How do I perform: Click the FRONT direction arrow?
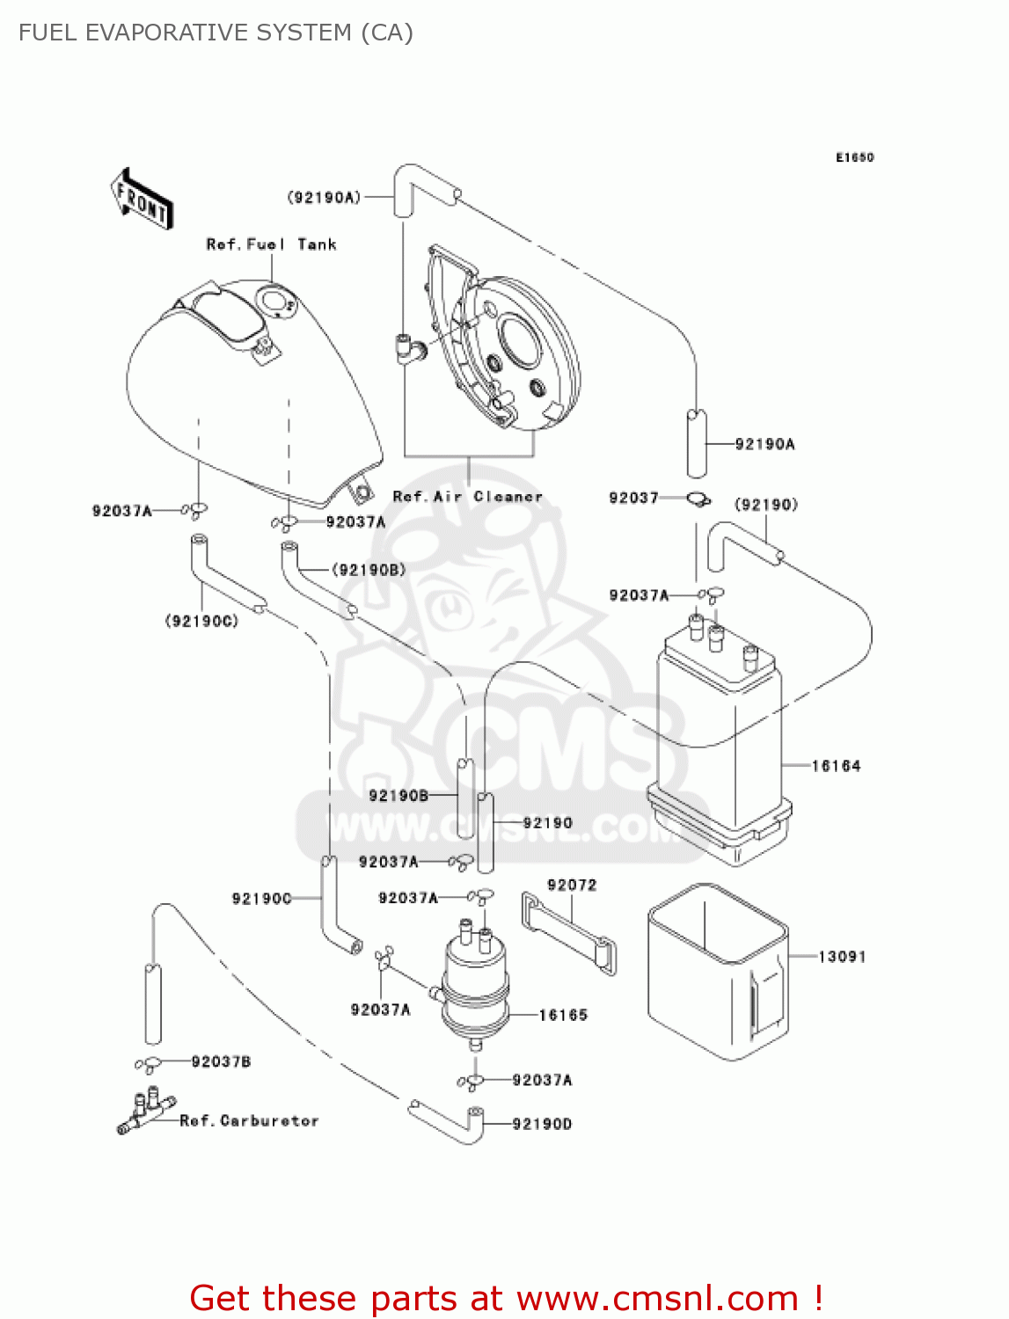click(142, 200)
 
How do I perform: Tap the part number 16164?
click(835, 766)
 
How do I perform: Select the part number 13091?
click(842, 956)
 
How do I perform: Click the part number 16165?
click(563, 1015)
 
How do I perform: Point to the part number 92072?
click(572, 885)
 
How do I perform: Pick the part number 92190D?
click(542, 1124)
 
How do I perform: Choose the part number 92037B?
click(221, 1061)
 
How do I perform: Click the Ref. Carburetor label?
click(249, 1120)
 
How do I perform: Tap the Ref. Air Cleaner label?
click(467, 496)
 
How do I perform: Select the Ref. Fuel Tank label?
click(271, 244)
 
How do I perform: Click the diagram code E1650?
click(854, 157)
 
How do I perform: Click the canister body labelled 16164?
click(717, 739)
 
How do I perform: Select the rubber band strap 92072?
click(569, 933)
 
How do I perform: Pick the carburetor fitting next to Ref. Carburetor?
click(145, 1111)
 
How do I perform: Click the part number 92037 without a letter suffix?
click(633, 498)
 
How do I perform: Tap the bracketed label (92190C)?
click(201, 621)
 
